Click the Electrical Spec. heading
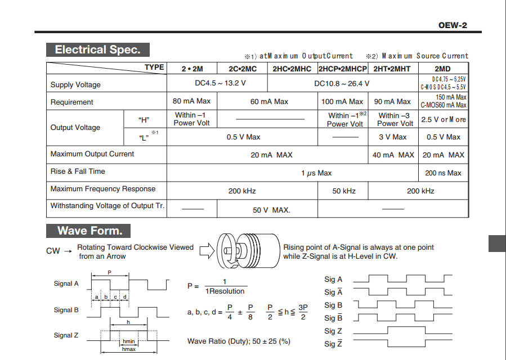click(97, 49)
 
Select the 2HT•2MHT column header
click(392, 69)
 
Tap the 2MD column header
click(442, 69)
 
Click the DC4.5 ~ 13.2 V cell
click(217, 84)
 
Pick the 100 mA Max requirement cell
click(342, 102)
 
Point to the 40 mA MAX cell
click(393, 155)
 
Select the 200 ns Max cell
click(443, 173)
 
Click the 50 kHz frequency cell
click(344, 191)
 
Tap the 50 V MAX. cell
click(271, 210)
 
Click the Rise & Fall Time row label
click(78, 171)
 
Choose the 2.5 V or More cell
click(444, 120)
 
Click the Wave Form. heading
click(89, 231)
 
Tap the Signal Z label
click(66, 335)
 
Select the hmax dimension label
click(129, 349)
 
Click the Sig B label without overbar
click(333, 305)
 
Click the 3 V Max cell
click(393, 137)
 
